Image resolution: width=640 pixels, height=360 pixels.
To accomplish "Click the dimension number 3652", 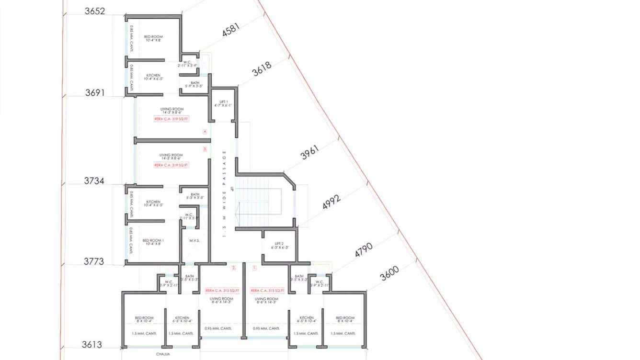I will click(95, 11).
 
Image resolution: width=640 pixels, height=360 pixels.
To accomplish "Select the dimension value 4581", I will click(231, 30).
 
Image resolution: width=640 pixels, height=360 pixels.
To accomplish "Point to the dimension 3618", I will click(262, 68).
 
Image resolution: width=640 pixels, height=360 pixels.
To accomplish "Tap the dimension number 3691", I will click(95, 93).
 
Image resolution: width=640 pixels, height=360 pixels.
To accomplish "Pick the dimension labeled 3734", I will click(94, 181).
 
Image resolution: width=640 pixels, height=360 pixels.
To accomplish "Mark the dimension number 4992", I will click(331, 202).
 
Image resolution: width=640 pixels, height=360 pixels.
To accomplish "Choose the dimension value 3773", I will click(94, 262).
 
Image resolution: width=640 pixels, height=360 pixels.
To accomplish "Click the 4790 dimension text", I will click(364, 250).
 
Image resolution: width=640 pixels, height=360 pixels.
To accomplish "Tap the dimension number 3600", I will click(389, 274).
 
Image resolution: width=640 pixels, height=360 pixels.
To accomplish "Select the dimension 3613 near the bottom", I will click(92, 345).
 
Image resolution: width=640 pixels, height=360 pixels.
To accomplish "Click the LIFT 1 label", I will click(223, 101).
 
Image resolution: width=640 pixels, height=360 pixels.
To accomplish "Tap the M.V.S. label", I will click(194, 240).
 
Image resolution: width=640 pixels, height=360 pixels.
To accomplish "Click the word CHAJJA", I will click(163, 355).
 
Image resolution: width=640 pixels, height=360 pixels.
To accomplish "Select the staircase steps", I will click(259, 201).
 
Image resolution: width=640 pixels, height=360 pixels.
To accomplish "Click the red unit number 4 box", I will click(205, 132).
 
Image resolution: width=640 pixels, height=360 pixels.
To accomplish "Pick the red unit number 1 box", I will click(254, 269).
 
